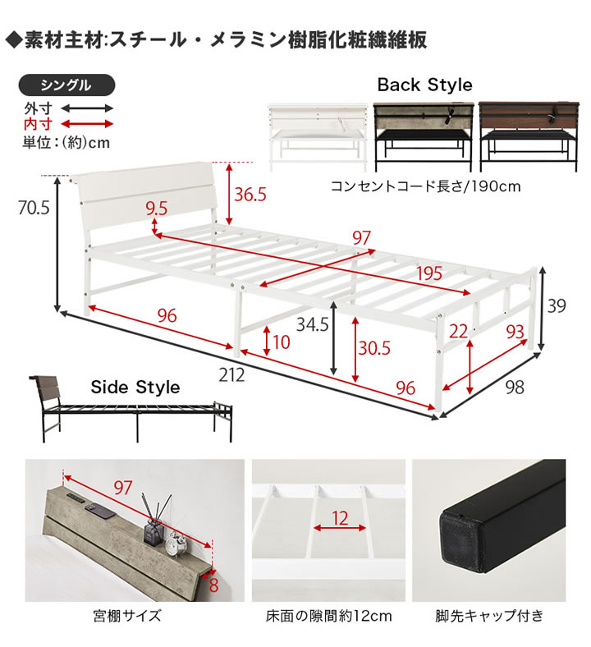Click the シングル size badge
click(x=66, y=85)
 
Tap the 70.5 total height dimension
click(x=34, y=208)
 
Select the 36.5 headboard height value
click(x=250, y=195)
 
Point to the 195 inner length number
click(x=429, y=273)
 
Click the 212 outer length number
click(x=231, y=375)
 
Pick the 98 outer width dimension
click(x=515, y=387)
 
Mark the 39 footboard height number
click(x=557, y=305)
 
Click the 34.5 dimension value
click(x=312, y=324)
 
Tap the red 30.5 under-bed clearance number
click(x=374, y=348)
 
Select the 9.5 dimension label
click(x=157, y=209)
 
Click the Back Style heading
click(x=425, y=85)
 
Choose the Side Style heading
click(x=135, y=387)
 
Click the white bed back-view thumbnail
click(x=318, y=137)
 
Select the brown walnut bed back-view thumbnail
click(x=529, y=136)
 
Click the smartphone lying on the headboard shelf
click(x=100, y=511)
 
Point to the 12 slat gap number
click(x=340, y=518)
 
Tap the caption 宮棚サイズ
click(x=127, y=616)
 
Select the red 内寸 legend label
click(x=39, y=123)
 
